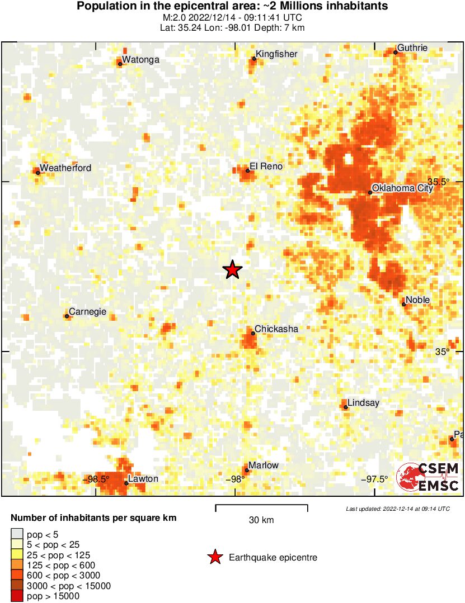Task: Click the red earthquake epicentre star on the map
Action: [x=232, y=270]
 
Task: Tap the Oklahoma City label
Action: [x=402, y=188]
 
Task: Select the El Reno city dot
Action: [x=247, y=170]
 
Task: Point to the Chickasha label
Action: [x=276, y=329]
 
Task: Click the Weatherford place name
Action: [x=65, y=168]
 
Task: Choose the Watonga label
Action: [x=140, y=59]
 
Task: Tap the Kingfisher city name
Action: [x=276, y=54]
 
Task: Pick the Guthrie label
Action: [x=412, y=48]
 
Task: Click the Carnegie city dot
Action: [x=67, y=316]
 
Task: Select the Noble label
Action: [x=418, y=300]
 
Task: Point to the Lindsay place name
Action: [x=363, y=402]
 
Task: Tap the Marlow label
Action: [x=264, y=465]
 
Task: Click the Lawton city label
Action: [x=143, y=478]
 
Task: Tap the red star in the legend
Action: [x=214, y=557]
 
